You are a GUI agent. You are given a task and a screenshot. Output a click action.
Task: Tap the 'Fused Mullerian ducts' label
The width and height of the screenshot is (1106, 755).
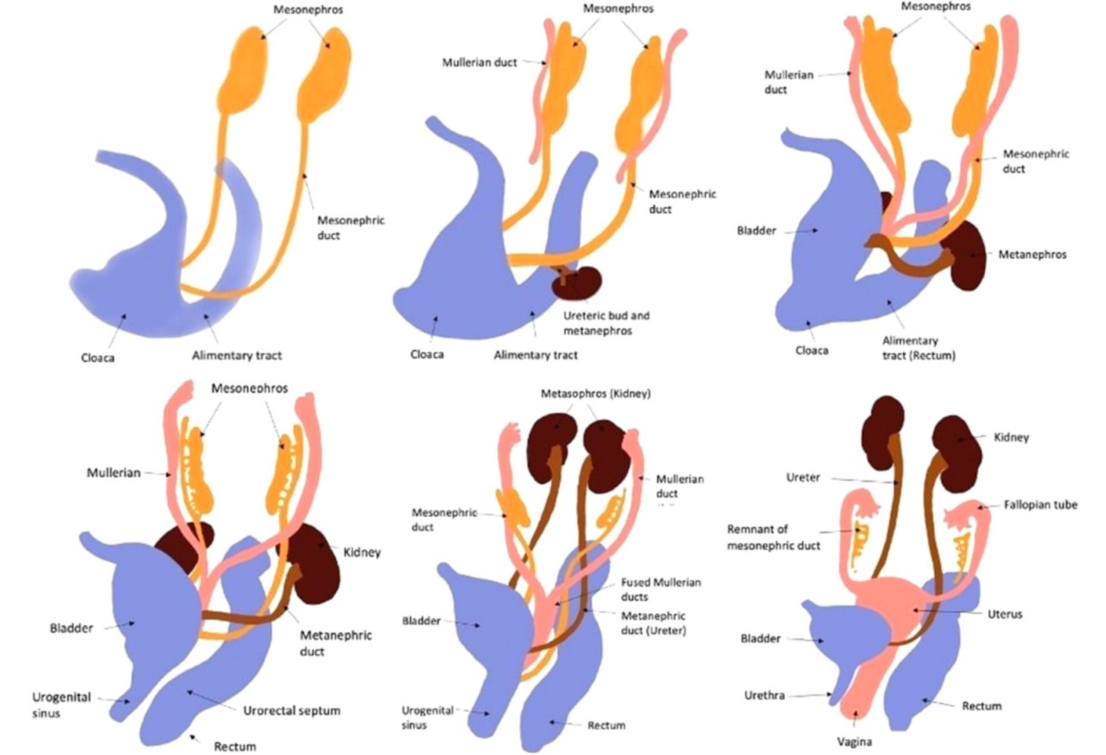(x=661, y=589)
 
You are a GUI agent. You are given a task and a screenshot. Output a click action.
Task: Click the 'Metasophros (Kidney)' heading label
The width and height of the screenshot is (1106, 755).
(x=595, y=394)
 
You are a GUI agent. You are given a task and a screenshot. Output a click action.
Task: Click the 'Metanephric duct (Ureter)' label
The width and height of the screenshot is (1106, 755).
(x=654, y=622)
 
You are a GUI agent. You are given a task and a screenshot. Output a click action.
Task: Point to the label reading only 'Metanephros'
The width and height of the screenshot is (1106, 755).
(x=1032, y=255)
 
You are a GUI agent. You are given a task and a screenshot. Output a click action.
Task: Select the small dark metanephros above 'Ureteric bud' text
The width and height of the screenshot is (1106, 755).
(x=577, y=281)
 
